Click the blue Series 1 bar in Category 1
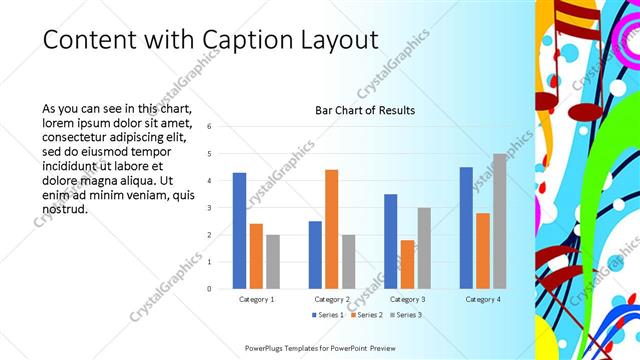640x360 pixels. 239,230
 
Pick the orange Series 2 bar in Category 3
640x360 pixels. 407,264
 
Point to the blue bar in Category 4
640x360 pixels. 466,227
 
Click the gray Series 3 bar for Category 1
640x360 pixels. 273,261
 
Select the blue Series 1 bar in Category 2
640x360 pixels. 315,254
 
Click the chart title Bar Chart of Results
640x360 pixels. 365,110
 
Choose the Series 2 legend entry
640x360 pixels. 366,315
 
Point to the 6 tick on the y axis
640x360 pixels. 210,127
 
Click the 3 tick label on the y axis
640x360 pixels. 210,208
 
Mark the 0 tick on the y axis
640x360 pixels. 210,289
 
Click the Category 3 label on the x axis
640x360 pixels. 407,299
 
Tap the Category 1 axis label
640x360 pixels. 256,299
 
